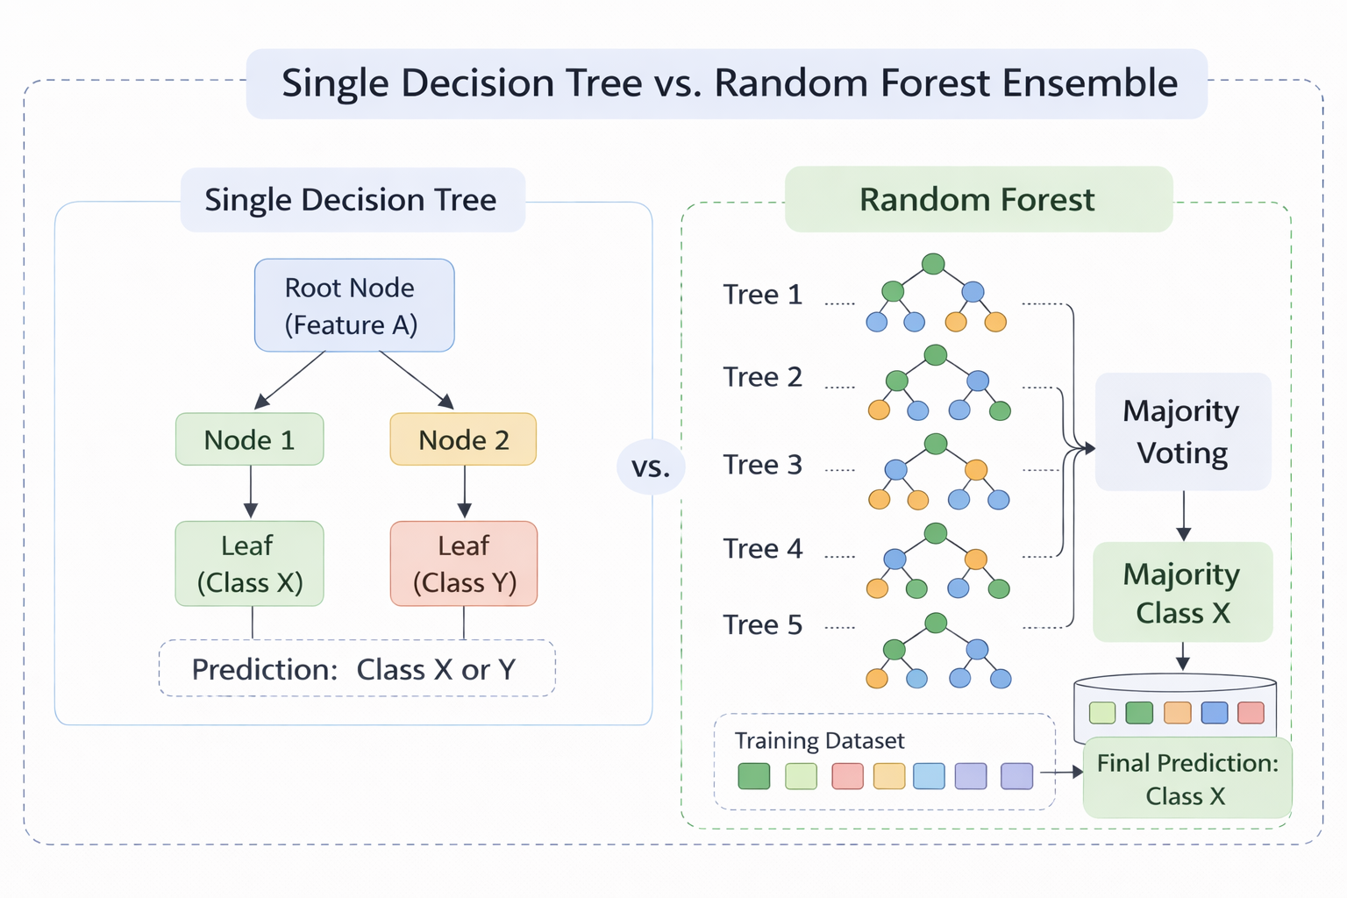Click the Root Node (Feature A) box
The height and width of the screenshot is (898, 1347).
click(x=354, y=305)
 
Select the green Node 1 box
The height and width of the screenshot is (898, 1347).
click(x=250, y=439)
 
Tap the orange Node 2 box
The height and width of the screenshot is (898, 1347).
click(x=463, y=439)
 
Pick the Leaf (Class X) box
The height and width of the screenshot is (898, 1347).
click(x=250, y=564)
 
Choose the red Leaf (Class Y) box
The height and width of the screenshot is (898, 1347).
click(x=464, y=564)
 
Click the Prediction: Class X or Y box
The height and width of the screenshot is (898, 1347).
click(x=357, y=669)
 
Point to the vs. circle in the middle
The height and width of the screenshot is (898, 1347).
click(x=651, y=467)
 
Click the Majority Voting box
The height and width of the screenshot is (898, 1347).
click(x=1182, y=431)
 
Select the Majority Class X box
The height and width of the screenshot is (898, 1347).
click(x=1182, y=593)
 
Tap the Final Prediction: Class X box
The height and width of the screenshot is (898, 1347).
click(x=1187, y=779)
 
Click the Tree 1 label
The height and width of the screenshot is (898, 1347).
click(x=762, y=295)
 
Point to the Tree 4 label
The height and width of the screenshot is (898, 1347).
click(x=762, y=549)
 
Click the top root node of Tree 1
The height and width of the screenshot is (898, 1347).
click(x=933, y=264)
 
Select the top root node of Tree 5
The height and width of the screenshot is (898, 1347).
click(x=936, y=624)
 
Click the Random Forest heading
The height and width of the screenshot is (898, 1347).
click(x=978, y=200)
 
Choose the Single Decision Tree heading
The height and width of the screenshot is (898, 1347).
click(x=351, y=200)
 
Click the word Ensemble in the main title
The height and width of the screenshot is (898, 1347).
click(x=1090, y=83)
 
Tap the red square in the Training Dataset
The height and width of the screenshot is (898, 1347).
click(x=847, y=776)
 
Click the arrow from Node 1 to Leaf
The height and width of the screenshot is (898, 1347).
click(x=251, y=492)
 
